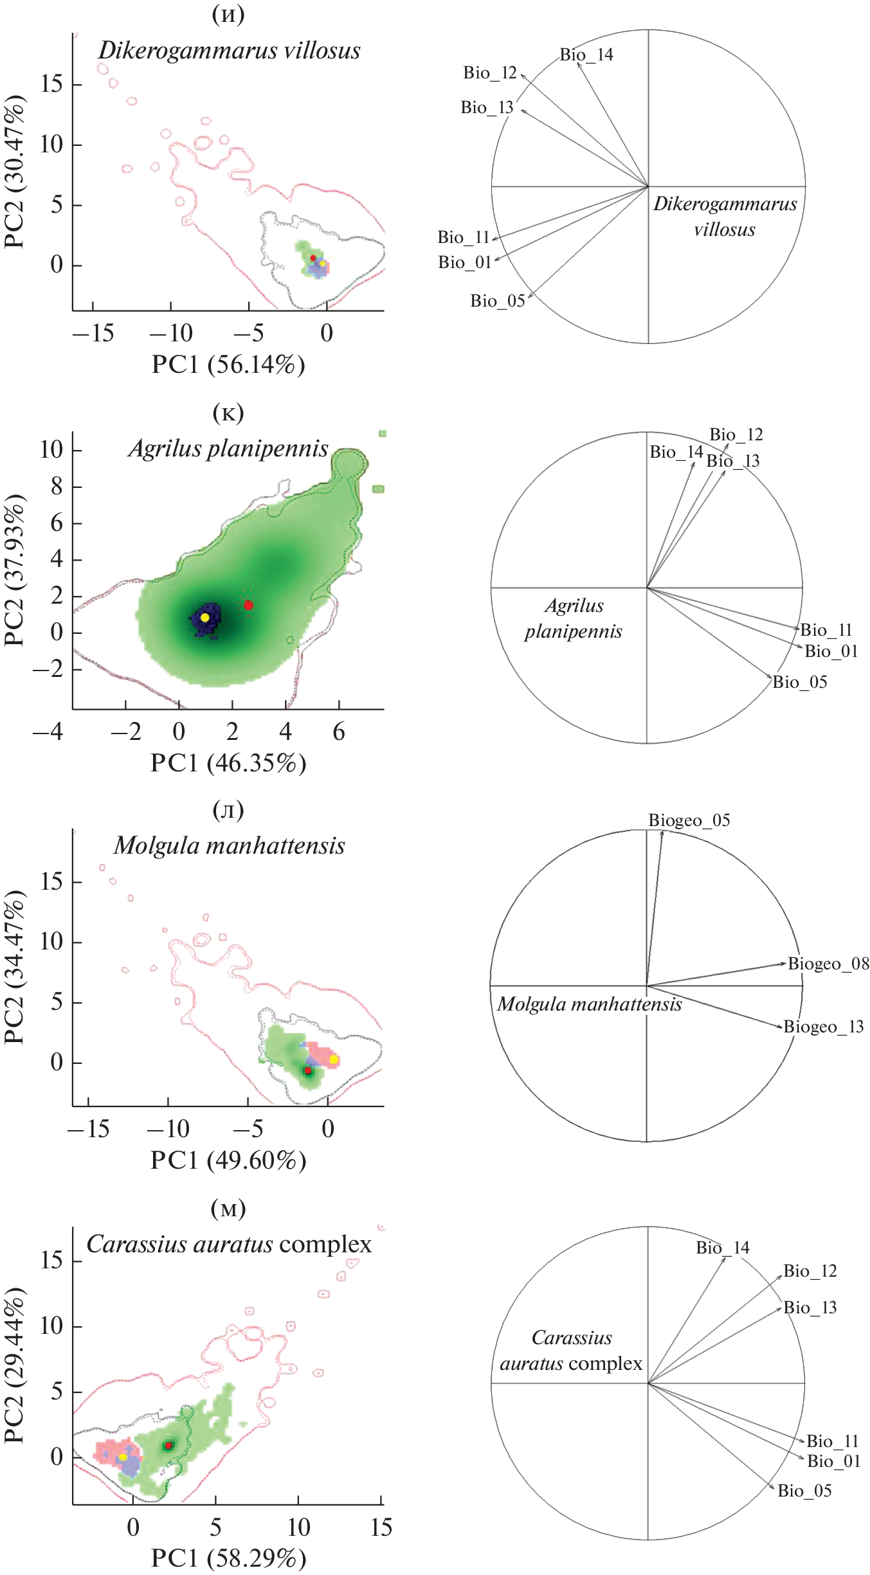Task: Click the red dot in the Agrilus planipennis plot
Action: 249,605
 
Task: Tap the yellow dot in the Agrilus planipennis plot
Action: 205,617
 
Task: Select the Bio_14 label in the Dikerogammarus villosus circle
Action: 586,55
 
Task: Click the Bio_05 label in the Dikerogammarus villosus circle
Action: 498,301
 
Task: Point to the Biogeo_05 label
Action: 689,820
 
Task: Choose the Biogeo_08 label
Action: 828,964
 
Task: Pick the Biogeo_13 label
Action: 823,1027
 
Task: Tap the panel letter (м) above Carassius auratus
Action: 228,1208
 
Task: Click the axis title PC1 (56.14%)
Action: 228,365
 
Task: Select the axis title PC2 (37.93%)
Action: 14,570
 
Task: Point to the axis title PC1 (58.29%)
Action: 228,1558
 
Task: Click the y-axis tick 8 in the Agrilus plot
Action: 57,487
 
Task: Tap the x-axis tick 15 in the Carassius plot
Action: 381,1527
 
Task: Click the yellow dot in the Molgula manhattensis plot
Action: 334,1059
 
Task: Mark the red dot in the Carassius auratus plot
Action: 168,1446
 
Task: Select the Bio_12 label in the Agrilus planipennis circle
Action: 736,435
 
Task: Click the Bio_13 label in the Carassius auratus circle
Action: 810,1308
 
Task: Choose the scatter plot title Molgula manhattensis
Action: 230,846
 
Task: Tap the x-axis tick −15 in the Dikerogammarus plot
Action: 93,333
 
